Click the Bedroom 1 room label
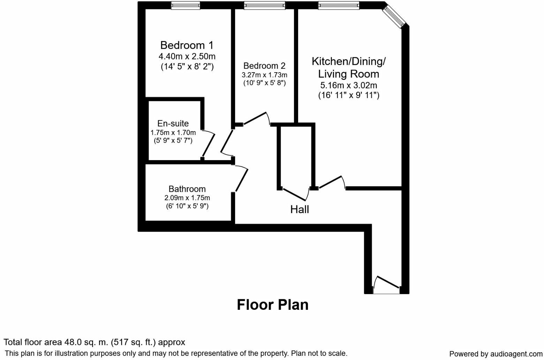[x=187, y=45]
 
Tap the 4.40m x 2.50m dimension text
[x=187, y=56]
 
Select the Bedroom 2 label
[x=264, y=66]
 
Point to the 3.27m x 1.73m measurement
[x=264, y=75]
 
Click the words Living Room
[x=348, y=74]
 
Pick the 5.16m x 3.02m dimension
[x=348, y=85]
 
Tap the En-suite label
[x=173, y=123]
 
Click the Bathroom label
[x=187, y=189]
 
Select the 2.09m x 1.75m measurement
[x=187, y=198]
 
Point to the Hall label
[x=300, y=209]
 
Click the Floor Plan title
[x=273, y=305]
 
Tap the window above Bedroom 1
[x=186, y=5]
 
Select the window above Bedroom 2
[x=265, y=5]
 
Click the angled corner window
[x=394, y=15]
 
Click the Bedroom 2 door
[x=256, y=118]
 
